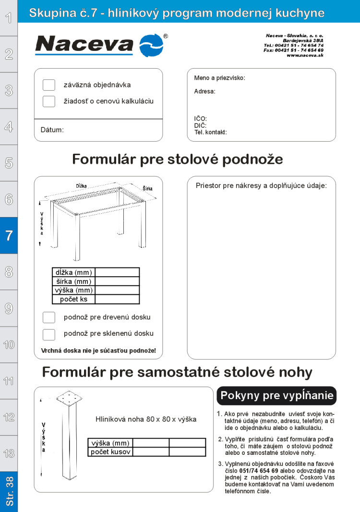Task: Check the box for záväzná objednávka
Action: [x=49, y=85]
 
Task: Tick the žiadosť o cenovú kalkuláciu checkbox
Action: [x=49, y=101]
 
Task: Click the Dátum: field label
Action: [x=52, y=130]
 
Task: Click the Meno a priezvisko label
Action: [x=219, y=78]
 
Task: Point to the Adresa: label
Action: [x=204, y=91]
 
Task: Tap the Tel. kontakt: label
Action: [x=210, y=132]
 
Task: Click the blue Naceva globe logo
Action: [x=151, y=46]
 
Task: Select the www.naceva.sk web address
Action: [x=305, y=55]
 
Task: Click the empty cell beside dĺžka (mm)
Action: [x=117, y=272]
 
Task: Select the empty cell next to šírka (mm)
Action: [x=117, y=281]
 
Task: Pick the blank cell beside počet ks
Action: [x=117, y=299]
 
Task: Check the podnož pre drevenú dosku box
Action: [x=49, y=317]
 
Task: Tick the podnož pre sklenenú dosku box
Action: [x=49, y=334]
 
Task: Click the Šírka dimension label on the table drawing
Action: [x=147, y=188]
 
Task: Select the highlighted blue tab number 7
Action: [x=9, y=235]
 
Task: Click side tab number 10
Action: [x=9, y=344]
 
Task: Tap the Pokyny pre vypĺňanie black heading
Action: [x=276, y=396]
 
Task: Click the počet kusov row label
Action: [x=110, y=452]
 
